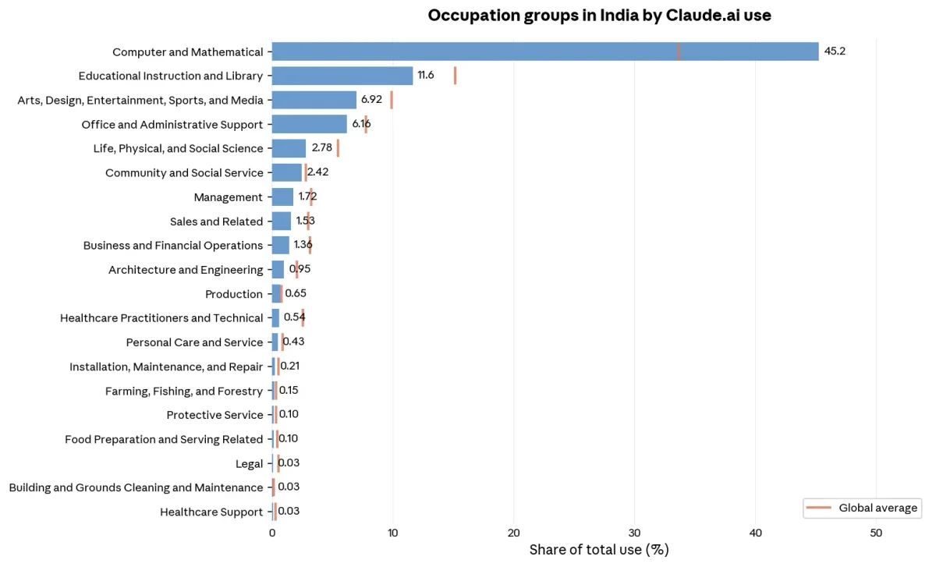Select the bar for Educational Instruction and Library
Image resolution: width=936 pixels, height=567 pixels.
[x=342, y=76]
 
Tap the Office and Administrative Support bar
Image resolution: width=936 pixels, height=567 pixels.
[x=309, y=124]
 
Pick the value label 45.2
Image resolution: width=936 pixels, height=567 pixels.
[x=835, y=51]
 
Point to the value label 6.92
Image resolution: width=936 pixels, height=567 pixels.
[x=371, y=100]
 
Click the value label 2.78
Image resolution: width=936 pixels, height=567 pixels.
[x=321, y=148]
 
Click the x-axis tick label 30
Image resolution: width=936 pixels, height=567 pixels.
[x=634, y=533]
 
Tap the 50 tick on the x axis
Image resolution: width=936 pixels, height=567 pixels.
[x=876, y=533]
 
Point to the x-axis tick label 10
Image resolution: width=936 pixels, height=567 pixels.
[x=392, y=533]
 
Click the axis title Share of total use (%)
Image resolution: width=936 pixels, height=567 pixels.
[x=599, y=550]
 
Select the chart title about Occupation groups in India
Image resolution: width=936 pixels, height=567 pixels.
[x=599, y=16]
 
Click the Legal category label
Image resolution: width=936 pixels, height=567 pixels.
[x=249, y=464]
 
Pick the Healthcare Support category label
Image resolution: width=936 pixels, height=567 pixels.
[x=211, y=512]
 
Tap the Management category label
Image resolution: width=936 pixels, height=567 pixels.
[x=228, y=197]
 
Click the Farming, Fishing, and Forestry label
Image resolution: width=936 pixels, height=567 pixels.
[x=184, y=392]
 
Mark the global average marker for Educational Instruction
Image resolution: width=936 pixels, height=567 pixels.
[x=455, y=76]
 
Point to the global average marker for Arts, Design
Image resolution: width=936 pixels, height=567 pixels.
[x=392, y=100]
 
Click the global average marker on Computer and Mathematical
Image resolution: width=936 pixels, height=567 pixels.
[x=679, y=51]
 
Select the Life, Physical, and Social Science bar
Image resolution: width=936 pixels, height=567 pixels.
[x=289, y=148]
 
